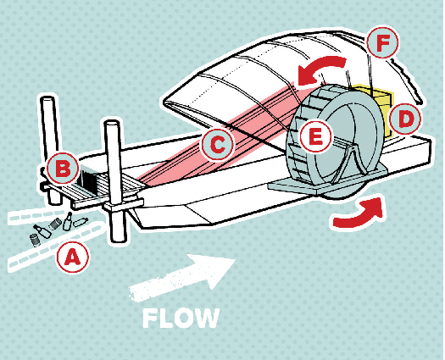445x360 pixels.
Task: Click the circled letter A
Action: (x=73, y=257)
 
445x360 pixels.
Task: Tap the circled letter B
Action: (x=63, y=169)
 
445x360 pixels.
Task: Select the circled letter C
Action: (x=217, y=144)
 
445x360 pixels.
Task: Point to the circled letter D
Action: (x=405, y=119)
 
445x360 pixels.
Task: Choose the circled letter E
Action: (x=315, y=136)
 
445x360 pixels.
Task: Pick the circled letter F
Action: (x=382, y=42)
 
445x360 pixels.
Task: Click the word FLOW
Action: (x=181, y=318)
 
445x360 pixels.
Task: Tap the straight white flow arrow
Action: (x=181, y=277)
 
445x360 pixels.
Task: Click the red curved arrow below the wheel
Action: (x=359, y=213)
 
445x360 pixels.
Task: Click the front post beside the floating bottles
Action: (x=115, y=181)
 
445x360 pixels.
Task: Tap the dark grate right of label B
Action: (x=88, y=180)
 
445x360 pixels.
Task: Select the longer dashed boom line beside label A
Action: (x=55, y=246)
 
